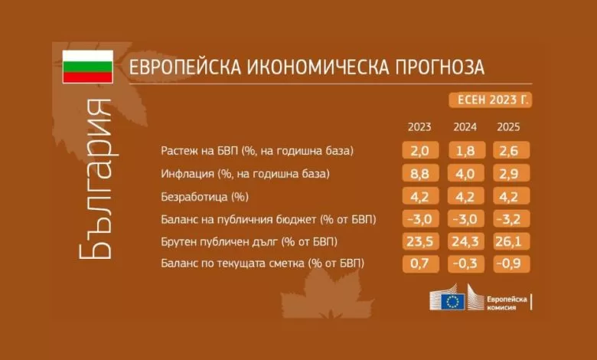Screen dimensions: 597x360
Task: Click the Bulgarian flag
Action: (87, 67)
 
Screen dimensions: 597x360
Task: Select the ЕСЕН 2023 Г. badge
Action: (491, 100)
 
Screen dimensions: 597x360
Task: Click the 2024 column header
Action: (465, 127)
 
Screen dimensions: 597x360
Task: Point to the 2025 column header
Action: (508, 127)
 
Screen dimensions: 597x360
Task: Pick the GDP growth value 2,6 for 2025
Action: (511, 150)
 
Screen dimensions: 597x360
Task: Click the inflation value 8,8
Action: (420, 173)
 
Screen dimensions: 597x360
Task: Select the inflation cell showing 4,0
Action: (466, 173)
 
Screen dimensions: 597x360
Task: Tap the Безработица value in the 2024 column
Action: (466, 196)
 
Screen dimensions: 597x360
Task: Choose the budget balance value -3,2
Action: (511, 218)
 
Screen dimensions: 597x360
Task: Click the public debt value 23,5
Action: (420, 241)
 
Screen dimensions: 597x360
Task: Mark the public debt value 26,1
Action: (511, 241)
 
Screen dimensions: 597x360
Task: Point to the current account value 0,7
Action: (420, 263)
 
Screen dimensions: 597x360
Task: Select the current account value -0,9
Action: (511, 263)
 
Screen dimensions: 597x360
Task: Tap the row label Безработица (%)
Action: (205, 197)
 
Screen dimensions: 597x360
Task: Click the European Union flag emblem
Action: (452, 302)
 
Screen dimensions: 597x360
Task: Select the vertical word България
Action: (96, 179)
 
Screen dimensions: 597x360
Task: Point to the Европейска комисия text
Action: (507, 303)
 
